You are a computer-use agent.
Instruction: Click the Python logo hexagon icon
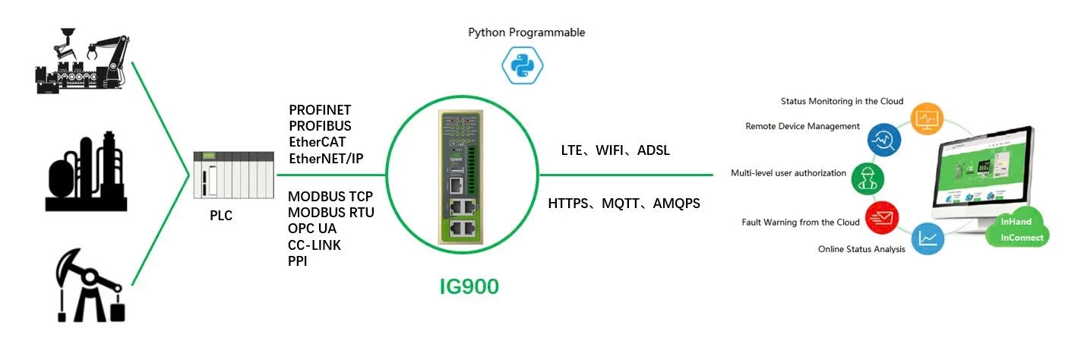coord(522,65)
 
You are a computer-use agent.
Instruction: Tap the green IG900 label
coord(469,288)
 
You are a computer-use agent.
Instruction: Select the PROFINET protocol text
coord(320,111)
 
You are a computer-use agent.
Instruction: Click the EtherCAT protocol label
coord(317,142)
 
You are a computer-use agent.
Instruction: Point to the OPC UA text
coord(312,229)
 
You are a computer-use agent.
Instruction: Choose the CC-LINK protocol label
coord(314,245)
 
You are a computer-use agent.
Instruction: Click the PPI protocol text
coord(298,261)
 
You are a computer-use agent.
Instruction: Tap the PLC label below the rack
coord(221,216)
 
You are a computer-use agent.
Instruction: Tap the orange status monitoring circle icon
coord(928,119)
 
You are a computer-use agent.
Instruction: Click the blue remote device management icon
coord(883,140)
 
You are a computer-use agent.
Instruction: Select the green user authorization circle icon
coord(867,177)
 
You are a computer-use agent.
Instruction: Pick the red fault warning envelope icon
coord(883,219)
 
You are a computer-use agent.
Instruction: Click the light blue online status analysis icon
coord(928,238)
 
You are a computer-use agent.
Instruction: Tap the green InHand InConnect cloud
coord(1016,230)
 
